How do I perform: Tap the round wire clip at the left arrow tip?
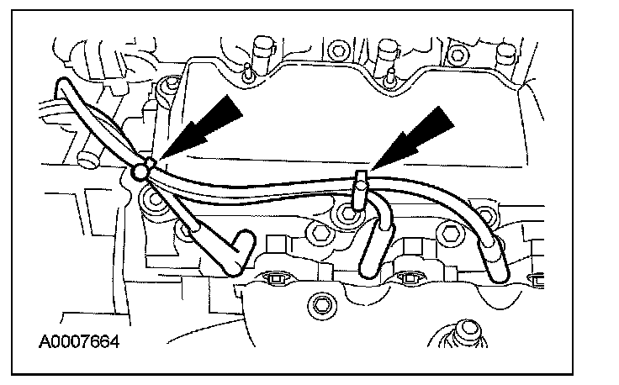(x=140, y=172)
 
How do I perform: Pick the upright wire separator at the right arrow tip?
(x=360, y=190)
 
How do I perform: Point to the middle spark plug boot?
(x=372, y=252)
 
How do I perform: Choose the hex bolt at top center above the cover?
(x=340, y=46)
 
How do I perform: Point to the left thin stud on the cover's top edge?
(x=249, y=70)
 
